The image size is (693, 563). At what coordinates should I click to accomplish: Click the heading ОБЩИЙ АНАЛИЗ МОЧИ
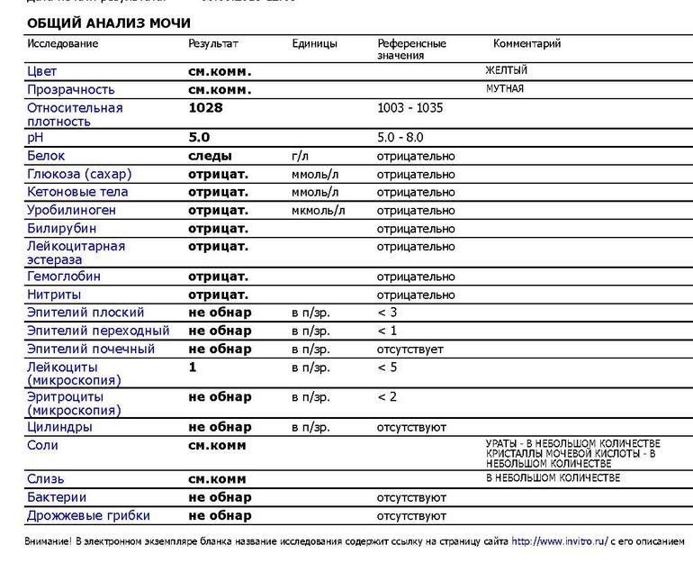(x=109, y=23)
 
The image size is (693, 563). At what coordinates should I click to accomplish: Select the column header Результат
(x=213, y=43)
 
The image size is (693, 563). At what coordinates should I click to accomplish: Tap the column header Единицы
(x=315, y=43)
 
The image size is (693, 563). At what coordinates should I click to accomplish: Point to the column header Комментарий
(x=526, y=43)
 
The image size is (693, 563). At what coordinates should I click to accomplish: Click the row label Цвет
(x=42, y=71)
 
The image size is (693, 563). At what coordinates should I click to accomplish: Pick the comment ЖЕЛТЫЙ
(x=506, y=70)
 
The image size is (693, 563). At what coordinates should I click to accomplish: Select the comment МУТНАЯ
(x=504, y=89)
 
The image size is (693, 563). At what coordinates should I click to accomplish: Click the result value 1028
(x=205, y=108)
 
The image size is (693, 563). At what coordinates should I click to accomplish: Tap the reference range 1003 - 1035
(x=409, y=108)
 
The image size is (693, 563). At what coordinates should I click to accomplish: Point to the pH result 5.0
(x=199, y=138)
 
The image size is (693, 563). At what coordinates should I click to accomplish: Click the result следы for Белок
(x=211, y=156)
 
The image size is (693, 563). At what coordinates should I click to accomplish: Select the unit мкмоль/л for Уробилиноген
(x=319, y=210)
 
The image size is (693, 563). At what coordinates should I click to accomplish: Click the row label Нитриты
(x=54, y=295)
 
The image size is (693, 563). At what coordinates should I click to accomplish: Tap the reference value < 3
(x=387, y=313)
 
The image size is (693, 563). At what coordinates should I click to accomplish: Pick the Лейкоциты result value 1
(x=193, y=368)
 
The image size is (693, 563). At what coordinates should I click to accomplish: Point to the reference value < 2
(x=387, y=397)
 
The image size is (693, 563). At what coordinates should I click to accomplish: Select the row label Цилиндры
(x=59, y=427)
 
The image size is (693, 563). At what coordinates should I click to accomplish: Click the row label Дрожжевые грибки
(x=88, y=516)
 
